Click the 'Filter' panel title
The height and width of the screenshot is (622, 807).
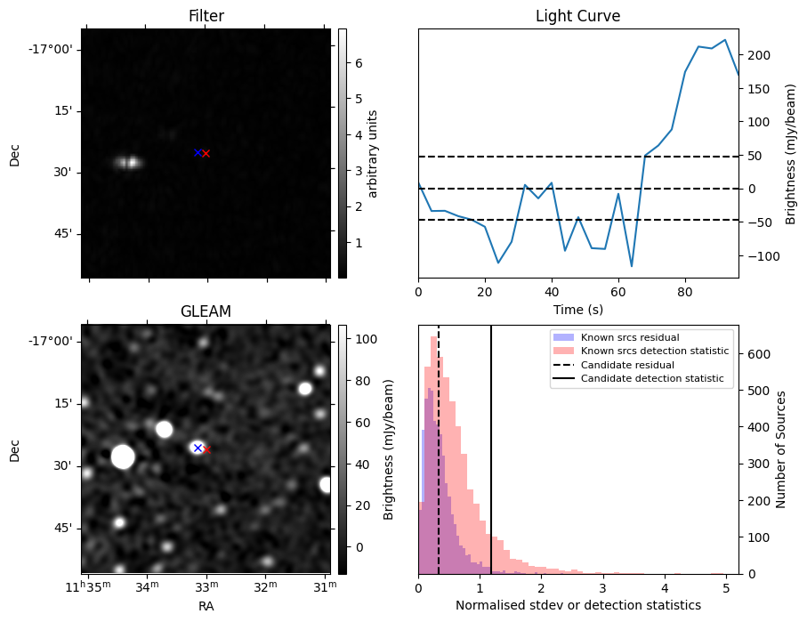click(206, 16)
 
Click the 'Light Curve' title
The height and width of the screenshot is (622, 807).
click(577, 16)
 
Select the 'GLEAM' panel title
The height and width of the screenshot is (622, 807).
click(206, 311)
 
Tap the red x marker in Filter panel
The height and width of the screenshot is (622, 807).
click(206, 154)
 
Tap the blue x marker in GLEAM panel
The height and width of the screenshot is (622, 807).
click(198, 448)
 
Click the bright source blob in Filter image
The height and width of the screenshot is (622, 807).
click(128, 162)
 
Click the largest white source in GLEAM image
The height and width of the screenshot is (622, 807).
click(123, 457)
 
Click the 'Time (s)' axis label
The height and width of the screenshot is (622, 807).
click(577, 307)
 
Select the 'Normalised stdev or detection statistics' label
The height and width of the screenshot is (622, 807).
click(577, 605)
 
